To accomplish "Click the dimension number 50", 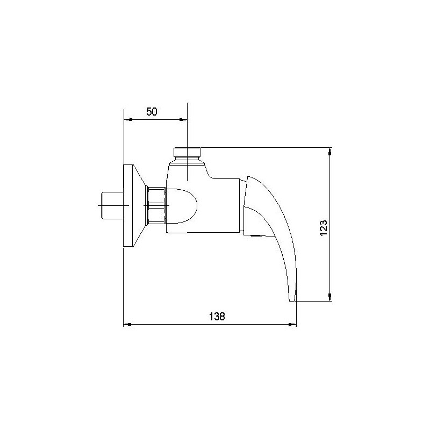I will click(x=152, y=112).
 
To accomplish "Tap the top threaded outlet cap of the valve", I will click(x=187, y=151).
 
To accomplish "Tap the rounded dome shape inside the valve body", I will click(x=185, y=205).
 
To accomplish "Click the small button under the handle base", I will click(x=255, y=234).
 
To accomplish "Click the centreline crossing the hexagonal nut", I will click(x=156, y=205).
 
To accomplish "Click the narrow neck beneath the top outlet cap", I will click(x=187, y=160).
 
